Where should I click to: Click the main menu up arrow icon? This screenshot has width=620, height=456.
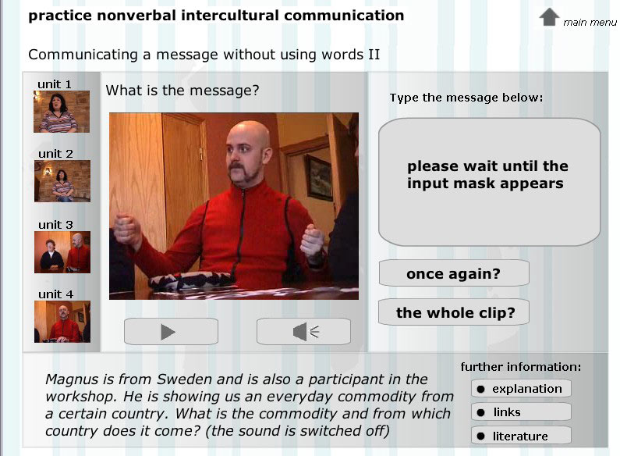[549, 17]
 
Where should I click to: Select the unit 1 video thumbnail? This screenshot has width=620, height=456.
[62, 112]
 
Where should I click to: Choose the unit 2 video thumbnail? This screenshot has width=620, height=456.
[62, 181]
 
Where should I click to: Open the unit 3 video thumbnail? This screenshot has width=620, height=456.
[62, 252]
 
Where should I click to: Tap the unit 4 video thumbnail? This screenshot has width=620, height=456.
[62, 322]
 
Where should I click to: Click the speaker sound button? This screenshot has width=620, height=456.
[303, 331]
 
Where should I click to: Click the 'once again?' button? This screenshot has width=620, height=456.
[454, 273]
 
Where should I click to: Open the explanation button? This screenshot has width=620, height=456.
[521, 389]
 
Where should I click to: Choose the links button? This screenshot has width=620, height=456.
[521, 412]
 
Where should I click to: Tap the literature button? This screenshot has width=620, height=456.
[521, 436]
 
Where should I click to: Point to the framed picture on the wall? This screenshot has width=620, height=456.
[319, 177]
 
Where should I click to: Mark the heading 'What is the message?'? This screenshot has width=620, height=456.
[182, 91]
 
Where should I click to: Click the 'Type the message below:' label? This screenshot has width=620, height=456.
[466, 98]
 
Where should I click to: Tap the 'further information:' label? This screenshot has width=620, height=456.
[521, 367]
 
